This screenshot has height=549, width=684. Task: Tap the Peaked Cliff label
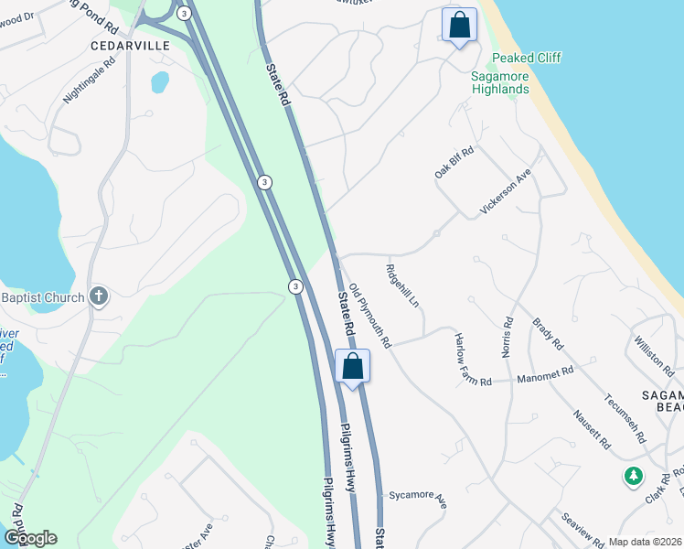(x=526, y=58)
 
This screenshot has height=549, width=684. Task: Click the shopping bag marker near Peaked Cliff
(x=459, y=25)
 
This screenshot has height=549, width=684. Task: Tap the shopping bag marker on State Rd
(x=352, y=367)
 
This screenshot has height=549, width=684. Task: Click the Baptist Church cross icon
(x=100, y=296)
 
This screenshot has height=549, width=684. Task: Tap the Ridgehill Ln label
(x=402, y=285)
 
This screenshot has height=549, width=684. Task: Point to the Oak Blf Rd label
(x=454, y=164)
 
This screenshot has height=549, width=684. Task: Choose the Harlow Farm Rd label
(x=473, y=358)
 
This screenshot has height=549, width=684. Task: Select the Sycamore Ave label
(x=416, y=499)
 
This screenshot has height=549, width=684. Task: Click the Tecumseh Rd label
(x=625, y=415)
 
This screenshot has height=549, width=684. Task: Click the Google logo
(x=30, y=538)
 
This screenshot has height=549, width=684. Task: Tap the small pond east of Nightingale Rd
(x=160, y=82)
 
